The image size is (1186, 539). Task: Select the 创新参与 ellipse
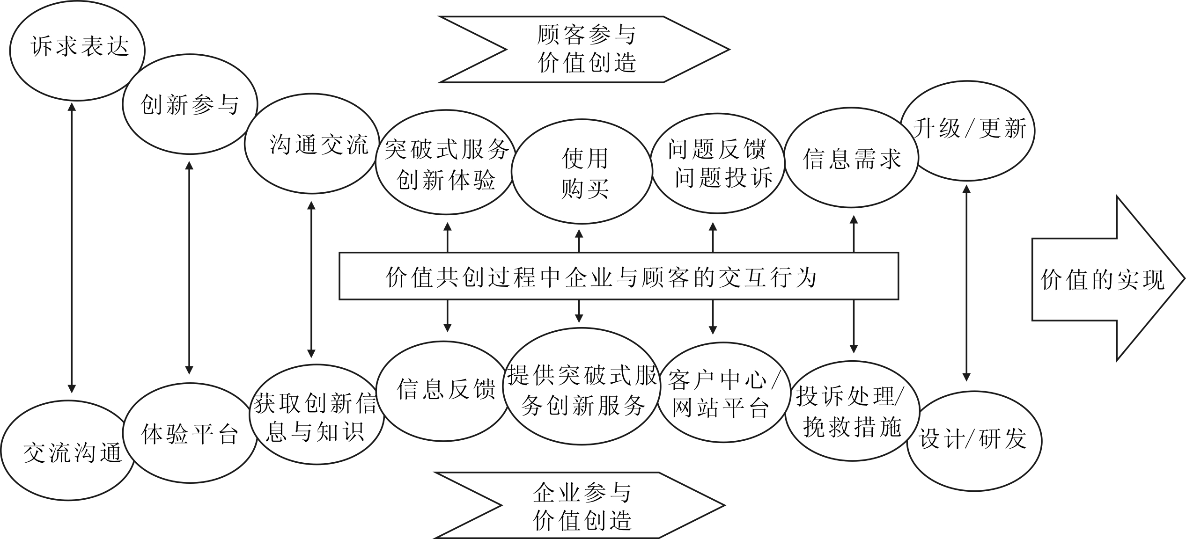click(190, 104)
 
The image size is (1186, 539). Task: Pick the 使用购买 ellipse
click(582, 171)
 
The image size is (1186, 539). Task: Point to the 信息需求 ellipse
click(851, 158)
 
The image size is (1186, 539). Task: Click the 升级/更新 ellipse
click(967, 131)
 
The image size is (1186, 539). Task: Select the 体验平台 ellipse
click(190, 433)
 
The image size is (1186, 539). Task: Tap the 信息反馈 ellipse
click(443, 391)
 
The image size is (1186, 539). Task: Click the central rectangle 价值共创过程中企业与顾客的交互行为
click(619, 276)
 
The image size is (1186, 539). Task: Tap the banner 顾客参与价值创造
click(585, 50)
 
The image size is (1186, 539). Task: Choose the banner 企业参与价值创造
click(581, 505)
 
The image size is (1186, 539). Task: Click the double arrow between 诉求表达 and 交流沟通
click(72, 248)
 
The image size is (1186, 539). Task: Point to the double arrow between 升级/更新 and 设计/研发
click(966, 283)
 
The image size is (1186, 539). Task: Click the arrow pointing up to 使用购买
click(579, 241)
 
